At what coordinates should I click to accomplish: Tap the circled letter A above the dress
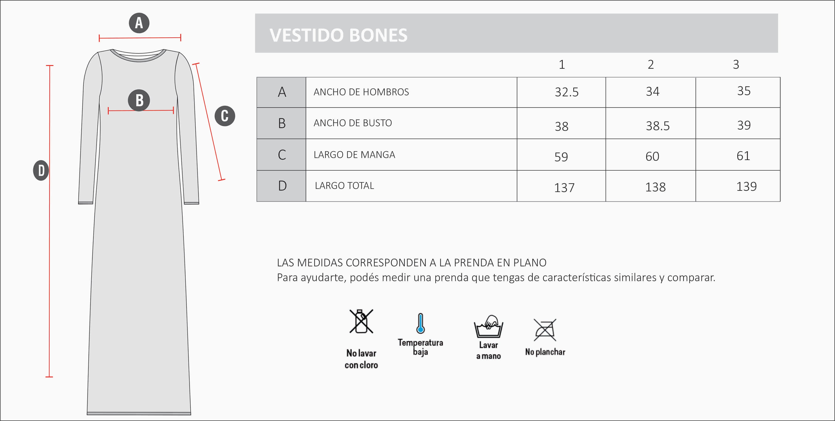[x=139, y=23]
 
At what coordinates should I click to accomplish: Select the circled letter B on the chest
[x=139, y=100]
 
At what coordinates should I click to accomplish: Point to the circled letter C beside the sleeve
[x=225, y=116]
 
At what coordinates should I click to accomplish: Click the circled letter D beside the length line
[x=41, y=170]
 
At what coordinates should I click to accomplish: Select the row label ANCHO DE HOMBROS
[x=361, y=92]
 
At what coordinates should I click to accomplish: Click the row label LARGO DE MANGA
[x=354, y=155]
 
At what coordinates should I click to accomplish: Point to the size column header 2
[x=651, y=65]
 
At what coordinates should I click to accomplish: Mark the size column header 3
[x=736, y=65]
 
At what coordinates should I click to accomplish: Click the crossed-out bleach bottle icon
[x=361, y=321]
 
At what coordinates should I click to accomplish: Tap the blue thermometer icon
[x=420, y=323]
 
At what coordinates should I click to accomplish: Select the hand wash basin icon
[x=488, y=326]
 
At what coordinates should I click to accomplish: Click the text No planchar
[x=545, y=352]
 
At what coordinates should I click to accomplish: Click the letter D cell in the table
[x=282, y=186]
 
